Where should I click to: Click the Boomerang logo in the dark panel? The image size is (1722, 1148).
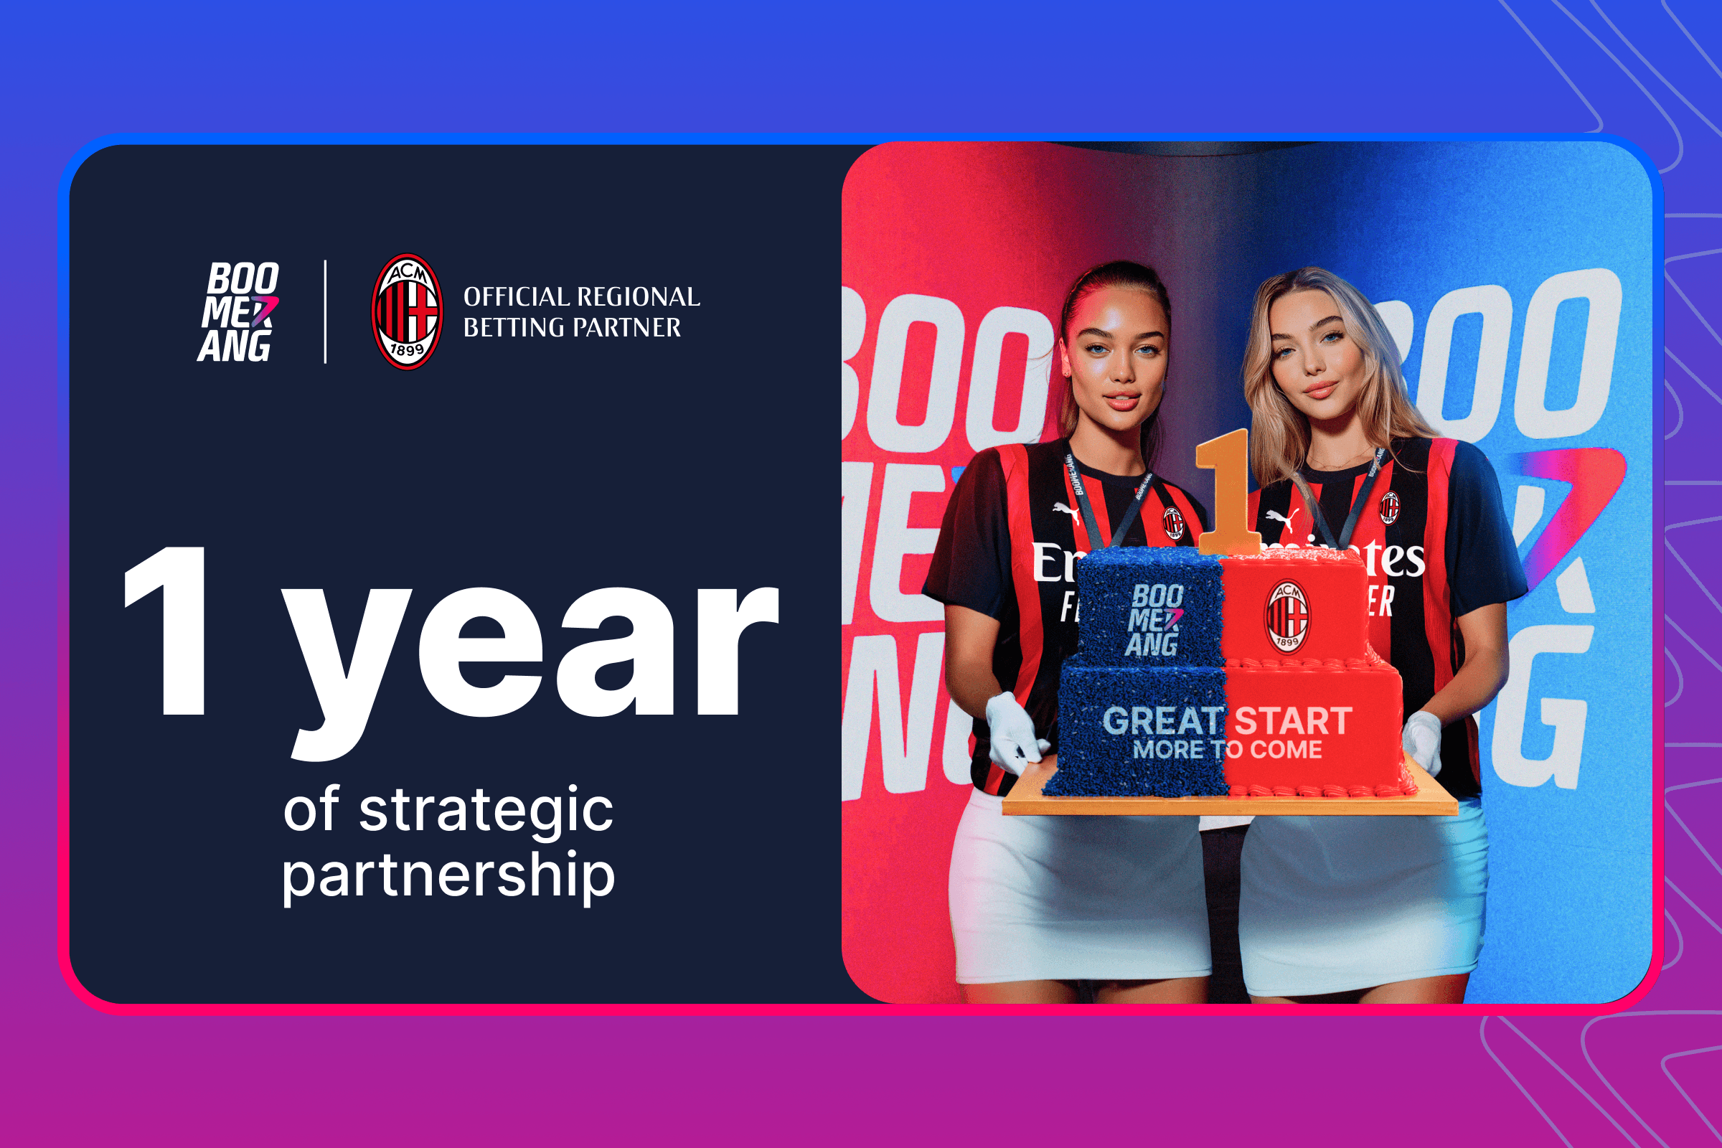240,312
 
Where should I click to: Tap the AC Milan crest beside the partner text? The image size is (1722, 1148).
407,312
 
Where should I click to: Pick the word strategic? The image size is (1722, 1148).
486,811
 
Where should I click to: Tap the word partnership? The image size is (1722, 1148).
448,875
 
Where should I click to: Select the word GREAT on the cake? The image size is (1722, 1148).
1162,721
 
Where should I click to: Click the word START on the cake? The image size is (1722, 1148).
1293,721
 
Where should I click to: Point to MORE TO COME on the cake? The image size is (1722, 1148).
1227,750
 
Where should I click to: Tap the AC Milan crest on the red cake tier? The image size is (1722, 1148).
1287,616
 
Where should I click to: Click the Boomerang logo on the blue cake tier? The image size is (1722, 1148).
1154,619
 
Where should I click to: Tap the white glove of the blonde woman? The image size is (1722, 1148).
1422,741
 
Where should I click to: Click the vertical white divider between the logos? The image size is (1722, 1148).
325,312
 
